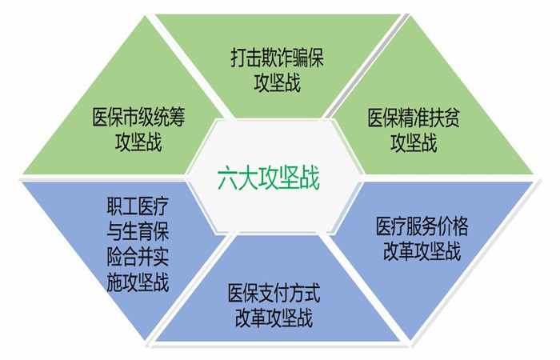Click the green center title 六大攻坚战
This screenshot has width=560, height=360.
pyautogui.click(x=269, y=178)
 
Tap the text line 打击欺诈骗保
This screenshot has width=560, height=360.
pyautogui.click(x=277, y=58)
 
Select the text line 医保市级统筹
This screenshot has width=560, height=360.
pyautogui.click(x=138, y=117)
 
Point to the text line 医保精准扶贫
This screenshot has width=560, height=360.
pyautogui.click(x=414, y=118)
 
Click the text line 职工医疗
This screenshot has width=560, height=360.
pyautogui.click(x=138, y=206)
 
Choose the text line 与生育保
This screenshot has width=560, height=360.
pyautogui.click(x=138, y=231)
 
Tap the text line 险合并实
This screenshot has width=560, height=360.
pyautogui.click(x=138, y=256)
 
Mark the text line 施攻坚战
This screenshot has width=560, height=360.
pyautogui.click(x=138, y=282)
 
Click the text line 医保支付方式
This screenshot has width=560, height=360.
pyautogui.click(x=274, y=293)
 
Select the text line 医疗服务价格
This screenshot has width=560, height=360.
pyautogui.click(x=422, y=226)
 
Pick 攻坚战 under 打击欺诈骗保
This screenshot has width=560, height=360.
pyautogui.click(x=277, y=82)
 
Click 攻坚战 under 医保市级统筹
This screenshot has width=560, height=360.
pyautogui.click(x=138, y=142)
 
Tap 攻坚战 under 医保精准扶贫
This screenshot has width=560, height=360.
pyautogui.click(x=414, y=142)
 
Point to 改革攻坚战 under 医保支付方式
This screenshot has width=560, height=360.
pyautogui.click(x=274, y=318)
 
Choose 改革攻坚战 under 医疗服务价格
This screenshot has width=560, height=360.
pyautogui.click(x=422, y=250)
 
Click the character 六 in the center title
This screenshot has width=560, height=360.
pyautogui.click(x=228, y=178)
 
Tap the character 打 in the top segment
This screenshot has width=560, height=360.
pyautogui.click(x=238, y=58)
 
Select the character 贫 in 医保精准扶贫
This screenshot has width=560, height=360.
pyautogui.click(x=452, y=118)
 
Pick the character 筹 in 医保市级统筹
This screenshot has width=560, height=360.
pyautogui.click(x=177, y=117)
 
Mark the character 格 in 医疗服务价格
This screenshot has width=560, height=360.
pyautogui.click(x=460, y=226)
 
